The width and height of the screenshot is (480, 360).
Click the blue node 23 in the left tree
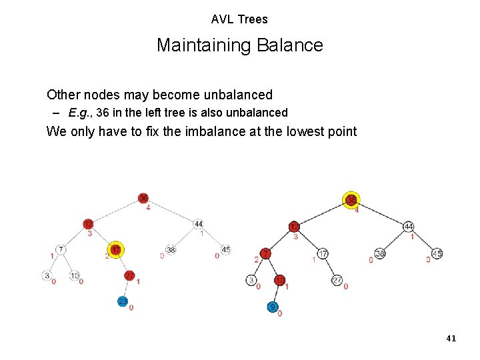point(123,301)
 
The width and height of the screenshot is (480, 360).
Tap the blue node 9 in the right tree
point(273,307)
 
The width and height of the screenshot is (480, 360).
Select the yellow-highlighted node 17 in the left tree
point(116,250)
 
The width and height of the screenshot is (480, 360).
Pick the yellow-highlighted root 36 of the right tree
point(351,200)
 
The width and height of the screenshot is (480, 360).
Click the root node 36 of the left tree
point(143,198)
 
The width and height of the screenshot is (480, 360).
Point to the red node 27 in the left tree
point(129,275)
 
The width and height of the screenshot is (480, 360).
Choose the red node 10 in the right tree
point(281,280)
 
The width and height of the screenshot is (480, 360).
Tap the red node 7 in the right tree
point(265,254)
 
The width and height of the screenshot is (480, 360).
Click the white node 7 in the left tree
point(61,250)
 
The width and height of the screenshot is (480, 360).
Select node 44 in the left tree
point(198,224)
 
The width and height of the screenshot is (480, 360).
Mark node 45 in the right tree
point(437,253)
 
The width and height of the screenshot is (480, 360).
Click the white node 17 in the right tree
point(323,254)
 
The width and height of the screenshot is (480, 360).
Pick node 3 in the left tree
point(47,275)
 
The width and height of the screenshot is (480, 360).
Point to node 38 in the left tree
point(171,250)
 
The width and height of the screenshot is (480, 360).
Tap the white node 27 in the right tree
point(337,281)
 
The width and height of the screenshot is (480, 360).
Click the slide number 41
point(451,339)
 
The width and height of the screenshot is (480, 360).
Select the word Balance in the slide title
point(293,45)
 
